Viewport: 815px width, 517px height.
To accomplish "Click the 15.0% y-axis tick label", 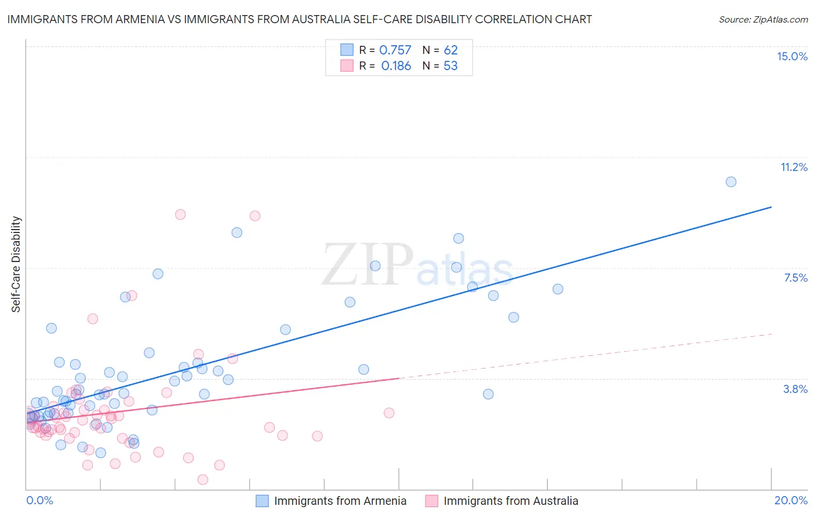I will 792,56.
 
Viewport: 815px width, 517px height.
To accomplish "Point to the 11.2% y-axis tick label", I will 794,167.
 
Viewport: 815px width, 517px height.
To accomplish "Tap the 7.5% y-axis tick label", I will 795,278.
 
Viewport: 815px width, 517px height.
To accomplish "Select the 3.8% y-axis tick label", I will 795,389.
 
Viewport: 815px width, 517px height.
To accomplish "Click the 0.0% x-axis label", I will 39,500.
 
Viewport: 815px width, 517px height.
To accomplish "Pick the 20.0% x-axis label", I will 791,500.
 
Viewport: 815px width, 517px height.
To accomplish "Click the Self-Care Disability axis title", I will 16,264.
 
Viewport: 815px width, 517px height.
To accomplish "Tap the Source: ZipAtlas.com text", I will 763,19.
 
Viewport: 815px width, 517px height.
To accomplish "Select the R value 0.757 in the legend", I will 395,50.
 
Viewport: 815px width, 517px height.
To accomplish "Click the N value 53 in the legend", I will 450,66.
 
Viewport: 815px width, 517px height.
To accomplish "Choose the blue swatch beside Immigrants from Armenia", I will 262,501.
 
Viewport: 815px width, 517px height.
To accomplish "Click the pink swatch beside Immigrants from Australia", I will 431,501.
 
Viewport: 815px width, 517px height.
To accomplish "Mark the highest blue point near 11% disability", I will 731,182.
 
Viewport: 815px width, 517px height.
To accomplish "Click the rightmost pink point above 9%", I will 255,216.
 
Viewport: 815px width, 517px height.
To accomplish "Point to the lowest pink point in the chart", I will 203,479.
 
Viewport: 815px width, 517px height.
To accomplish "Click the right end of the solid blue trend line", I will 772,207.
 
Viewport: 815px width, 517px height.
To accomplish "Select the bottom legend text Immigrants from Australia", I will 511,501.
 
